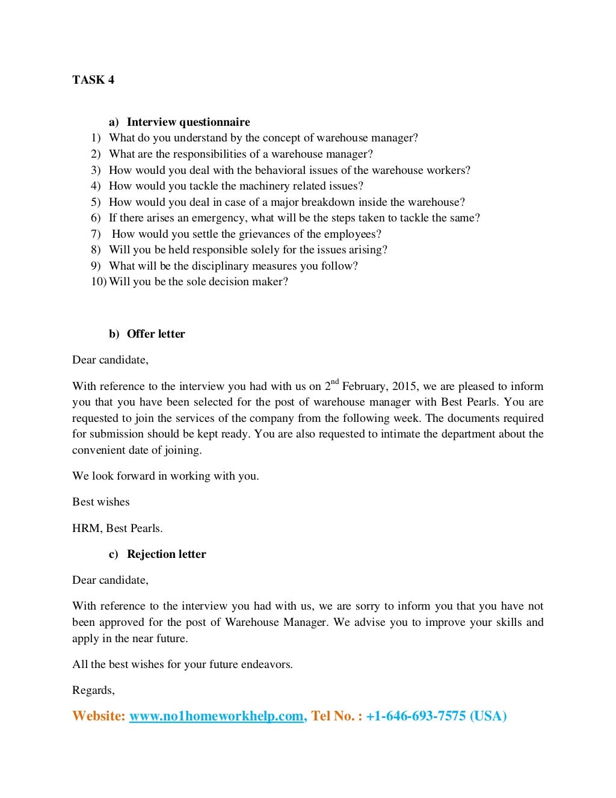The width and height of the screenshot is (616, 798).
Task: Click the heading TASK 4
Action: [x=93, y=80]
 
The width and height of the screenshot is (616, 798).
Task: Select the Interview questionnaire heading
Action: [x=188, y=122]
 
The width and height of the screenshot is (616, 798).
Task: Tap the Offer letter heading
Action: [x=156, y=334]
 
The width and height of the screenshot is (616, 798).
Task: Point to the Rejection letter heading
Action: [x=166, y=554]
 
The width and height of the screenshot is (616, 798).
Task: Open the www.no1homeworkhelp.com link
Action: [x=216, y=716]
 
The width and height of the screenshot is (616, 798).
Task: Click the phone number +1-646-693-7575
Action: [x=416, y=716]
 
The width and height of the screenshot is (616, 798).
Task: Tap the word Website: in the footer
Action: [x=99, y=716]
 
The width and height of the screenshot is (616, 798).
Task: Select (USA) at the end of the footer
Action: [x=488, y=716]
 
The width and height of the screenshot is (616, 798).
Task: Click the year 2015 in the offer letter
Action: [x=404, y=386]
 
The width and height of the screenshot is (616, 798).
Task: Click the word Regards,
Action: [x=93, y=690]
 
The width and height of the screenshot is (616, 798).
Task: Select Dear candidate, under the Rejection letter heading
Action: [x=110, y=580]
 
